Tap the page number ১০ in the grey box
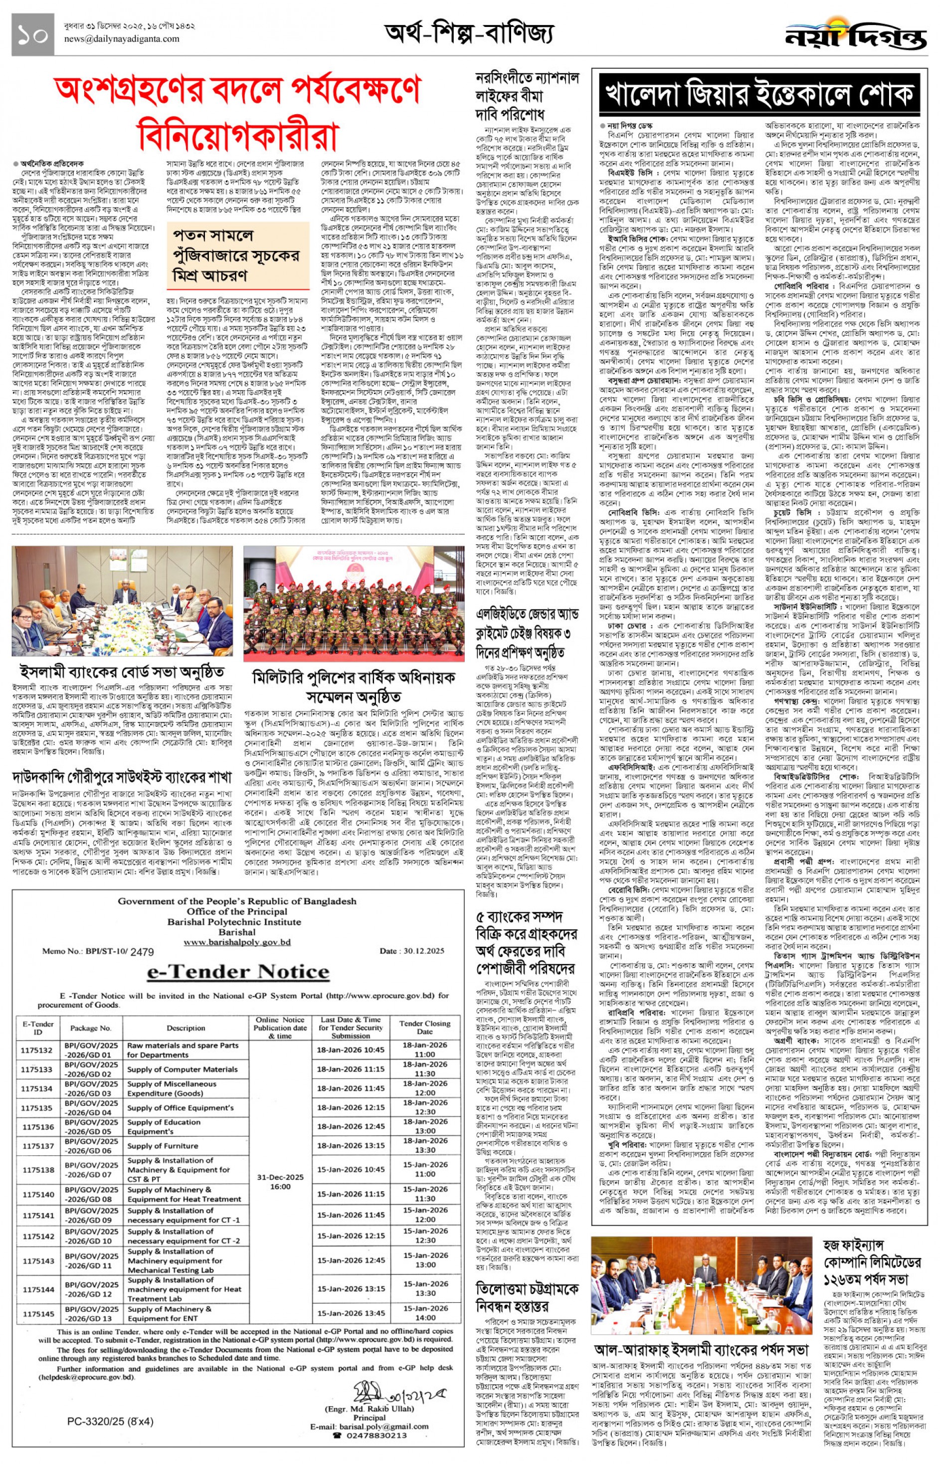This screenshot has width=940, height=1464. [32, 35]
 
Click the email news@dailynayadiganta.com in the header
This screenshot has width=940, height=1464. [122, 39]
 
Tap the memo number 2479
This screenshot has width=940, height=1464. [142, 952]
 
